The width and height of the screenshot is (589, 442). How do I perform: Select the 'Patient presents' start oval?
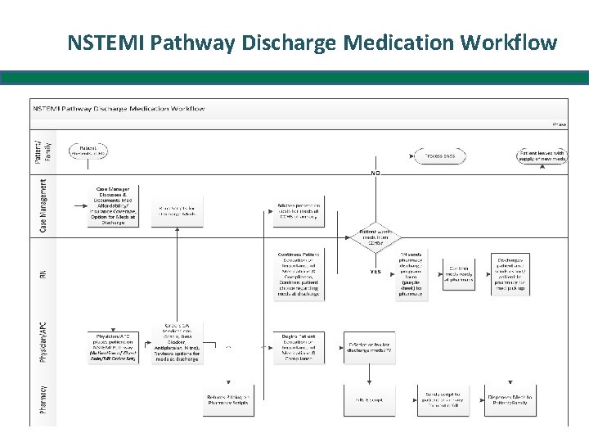(88, 152)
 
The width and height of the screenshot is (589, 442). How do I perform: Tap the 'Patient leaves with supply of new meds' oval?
(542, 155)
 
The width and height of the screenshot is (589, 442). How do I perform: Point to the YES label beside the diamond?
(376, 272)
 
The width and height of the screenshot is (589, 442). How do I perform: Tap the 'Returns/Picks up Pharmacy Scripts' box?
(228, 399)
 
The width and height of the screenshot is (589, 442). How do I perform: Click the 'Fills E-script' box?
(367, 399)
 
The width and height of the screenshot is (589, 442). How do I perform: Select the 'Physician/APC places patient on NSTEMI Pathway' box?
(113, 346)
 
